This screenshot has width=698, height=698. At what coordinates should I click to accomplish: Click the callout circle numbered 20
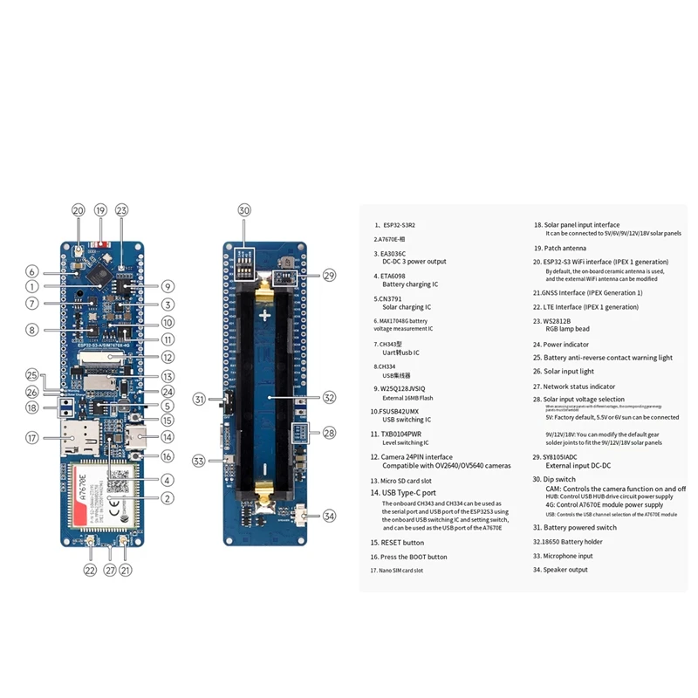point(79,210)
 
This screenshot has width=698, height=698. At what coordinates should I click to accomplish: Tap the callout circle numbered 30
point(243,210)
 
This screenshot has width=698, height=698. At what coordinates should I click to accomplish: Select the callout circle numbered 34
point(328,516)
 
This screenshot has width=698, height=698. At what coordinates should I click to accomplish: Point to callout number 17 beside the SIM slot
point(31,438)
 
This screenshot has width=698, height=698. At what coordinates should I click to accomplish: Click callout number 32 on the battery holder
point(328,397)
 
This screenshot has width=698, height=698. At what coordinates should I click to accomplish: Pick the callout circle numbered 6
point(31,271)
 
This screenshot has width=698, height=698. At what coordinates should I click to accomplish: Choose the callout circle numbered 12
point(167,357)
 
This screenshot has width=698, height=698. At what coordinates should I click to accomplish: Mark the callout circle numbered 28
point(328,433)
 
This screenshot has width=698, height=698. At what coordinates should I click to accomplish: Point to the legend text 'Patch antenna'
point(572,248)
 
